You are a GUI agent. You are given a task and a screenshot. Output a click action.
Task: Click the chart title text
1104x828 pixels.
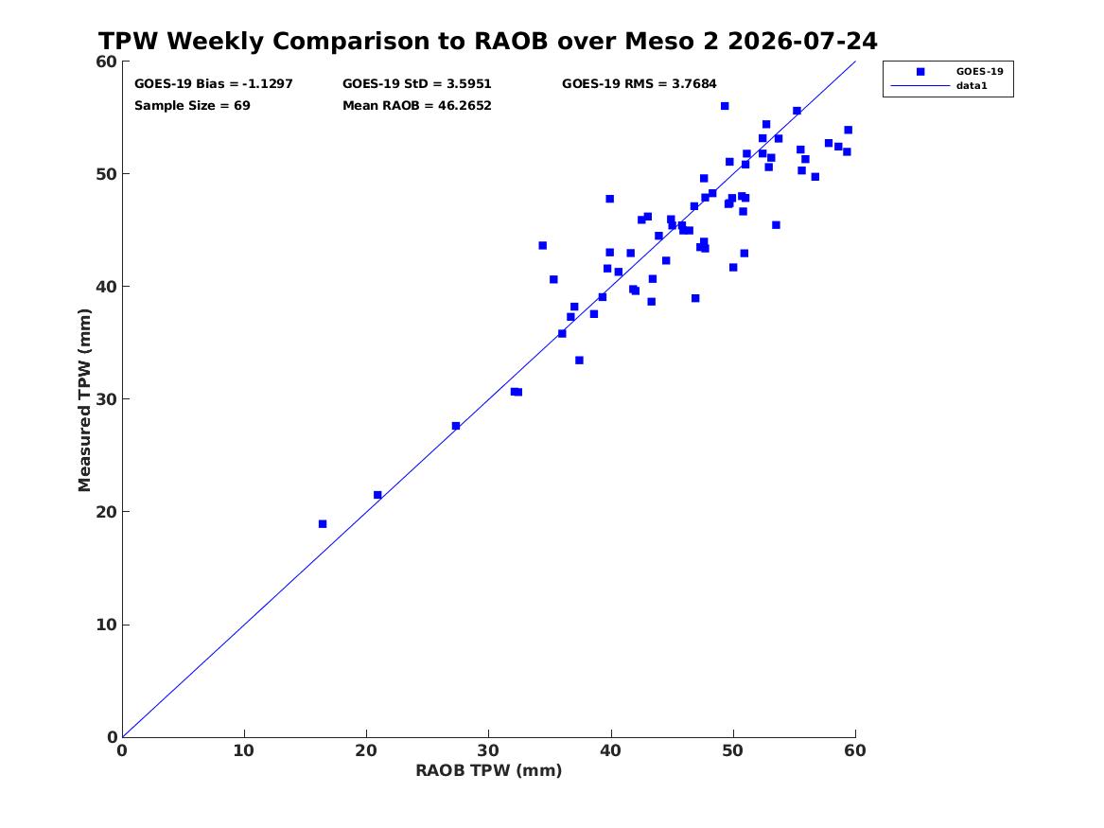point(487,41)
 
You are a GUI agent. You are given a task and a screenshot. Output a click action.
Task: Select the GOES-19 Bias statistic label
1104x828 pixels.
point(214,84)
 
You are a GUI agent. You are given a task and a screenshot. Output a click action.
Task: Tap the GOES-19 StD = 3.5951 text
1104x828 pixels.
point(417,84)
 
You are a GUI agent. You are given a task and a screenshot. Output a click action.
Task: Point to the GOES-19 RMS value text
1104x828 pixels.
point(640,84)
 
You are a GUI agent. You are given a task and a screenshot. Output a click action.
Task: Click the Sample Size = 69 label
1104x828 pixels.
point(192,106)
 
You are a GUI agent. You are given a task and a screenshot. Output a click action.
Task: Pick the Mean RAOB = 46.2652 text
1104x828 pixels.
point(417,106)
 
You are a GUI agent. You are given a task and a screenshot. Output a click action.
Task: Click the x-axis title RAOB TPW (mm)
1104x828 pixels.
point(489,770)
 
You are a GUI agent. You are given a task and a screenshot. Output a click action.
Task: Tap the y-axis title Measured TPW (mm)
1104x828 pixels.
point(84,400)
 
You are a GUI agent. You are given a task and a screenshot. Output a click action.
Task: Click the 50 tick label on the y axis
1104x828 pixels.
point(107,174)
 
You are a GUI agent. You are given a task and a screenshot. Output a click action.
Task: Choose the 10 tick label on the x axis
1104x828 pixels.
point(244,750)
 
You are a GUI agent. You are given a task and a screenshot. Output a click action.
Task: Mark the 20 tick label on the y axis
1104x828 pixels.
point(107,512)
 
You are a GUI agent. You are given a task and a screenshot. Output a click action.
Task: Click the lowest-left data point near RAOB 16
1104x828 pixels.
point(323,524)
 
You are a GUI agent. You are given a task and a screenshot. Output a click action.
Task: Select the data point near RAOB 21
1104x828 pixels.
point(377,495)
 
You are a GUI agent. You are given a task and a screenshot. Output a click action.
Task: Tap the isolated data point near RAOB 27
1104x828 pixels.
point(456,426)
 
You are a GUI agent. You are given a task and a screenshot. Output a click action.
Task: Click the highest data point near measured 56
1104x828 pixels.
point(725,106)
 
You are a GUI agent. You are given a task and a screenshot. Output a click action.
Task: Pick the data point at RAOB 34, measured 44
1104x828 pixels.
point(542,246)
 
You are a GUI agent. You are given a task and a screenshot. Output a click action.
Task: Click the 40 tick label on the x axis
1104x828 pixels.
point(611,750)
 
